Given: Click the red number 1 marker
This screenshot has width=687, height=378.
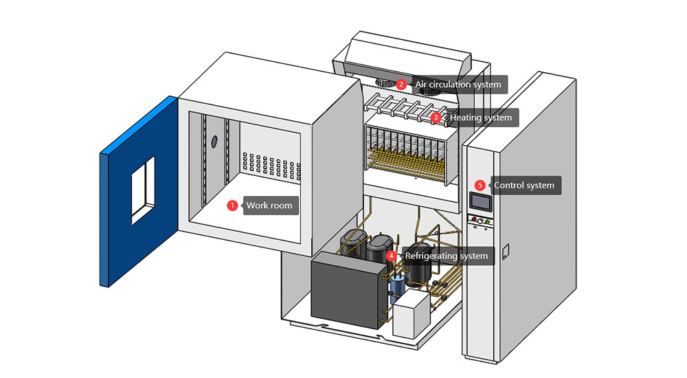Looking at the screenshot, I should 232,205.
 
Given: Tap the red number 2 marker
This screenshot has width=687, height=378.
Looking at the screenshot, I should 401,85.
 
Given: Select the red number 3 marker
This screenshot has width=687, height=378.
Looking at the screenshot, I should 436,118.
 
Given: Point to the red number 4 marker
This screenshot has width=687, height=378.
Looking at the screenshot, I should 391,256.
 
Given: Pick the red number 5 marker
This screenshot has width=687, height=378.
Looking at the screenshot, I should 480,186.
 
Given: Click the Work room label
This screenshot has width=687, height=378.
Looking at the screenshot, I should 269,205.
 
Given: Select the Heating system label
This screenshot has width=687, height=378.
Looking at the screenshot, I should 480,118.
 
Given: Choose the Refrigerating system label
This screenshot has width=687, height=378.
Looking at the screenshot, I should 446,256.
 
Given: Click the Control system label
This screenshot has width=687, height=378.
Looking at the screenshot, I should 523,186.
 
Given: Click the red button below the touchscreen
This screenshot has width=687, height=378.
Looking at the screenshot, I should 473,221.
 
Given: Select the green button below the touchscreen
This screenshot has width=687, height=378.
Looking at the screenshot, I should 487,221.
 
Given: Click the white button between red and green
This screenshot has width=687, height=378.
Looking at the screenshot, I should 480,221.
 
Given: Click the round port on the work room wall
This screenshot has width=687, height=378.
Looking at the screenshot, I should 214,141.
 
